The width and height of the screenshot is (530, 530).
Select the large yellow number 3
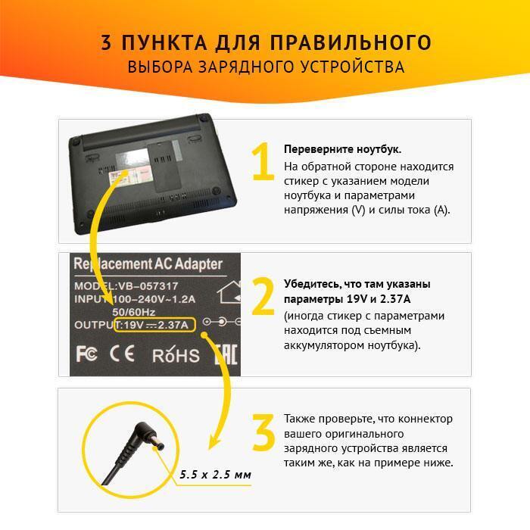(x=263, y=432)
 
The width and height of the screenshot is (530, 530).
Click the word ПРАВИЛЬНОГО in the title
(x=351, y=42)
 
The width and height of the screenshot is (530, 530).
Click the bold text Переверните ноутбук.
(x=342, y=149)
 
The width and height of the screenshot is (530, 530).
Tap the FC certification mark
(x=86, y=354)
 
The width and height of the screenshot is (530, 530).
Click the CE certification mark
(x=122, y=354)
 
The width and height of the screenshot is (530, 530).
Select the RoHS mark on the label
(x=176, y=354)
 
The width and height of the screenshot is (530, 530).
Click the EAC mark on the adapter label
(x=226, y=354)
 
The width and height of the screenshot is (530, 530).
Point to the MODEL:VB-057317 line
(x=126, y=286)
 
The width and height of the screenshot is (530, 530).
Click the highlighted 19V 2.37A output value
(x=154, y=325)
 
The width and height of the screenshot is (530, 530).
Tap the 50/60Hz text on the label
(x=134, y=312)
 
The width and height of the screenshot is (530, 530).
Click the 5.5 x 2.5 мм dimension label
(x=215, y=475)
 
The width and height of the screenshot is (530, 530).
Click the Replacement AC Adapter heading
(x=148, y=263)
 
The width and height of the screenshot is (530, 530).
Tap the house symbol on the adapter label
(x=229, y=291)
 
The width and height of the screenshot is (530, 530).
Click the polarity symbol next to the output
(x=221, y=322)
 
